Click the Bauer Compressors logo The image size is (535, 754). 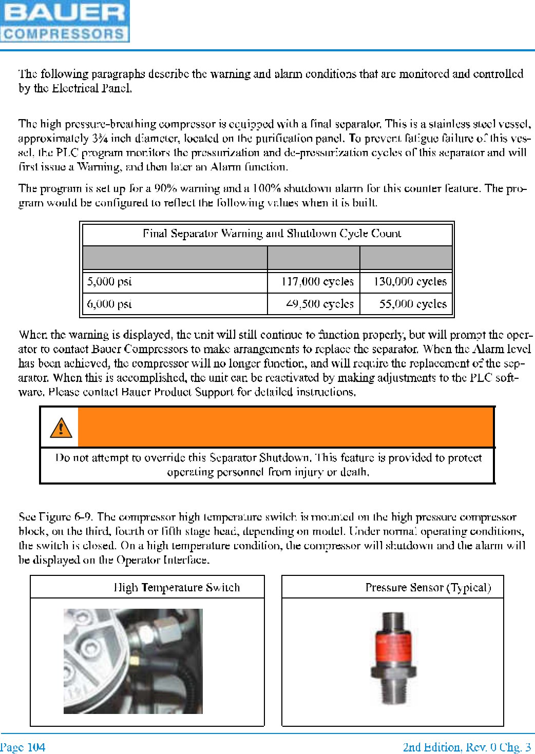point(65,21)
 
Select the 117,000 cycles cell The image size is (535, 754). point(317,281)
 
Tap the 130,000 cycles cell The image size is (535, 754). point(410,281)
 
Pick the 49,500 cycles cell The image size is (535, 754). point(319,304)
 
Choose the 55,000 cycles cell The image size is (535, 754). point(413,304)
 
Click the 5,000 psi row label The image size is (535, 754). point(109,281)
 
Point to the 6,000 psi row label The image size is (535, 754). point(109,304)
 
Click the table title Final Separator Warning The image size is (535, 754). point(272,234)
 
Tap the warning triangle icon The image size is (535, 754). point(61,427)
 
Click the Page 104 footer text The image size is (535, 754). point(23,747)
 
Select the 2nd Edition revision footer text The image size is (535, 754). point(467,747)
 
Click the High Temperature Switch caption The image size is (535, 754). point(177,587)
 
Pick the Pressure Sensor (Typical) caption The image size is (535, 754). point(428,587)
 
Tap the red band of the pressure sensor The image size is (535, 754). point(393,646)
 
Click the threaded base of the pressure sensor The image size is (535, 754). point(393,690)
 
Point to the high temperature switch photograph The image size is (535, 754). point(133,661)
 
